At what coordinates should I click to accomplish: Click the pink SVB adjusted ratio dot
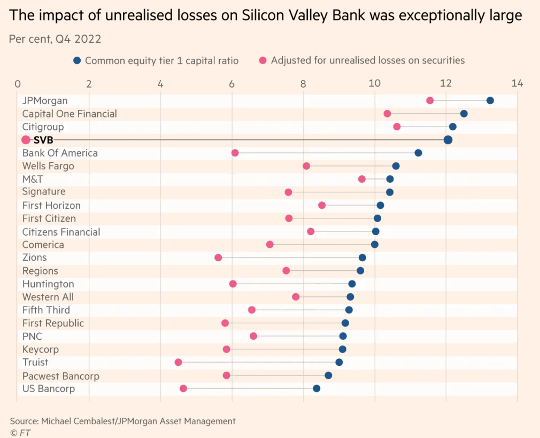(x=26, y=140)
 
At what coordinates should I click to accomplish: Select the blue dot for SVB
(x=448, y=140)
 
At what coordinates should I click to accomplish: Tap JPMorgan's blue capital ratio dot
(x=490, y=100)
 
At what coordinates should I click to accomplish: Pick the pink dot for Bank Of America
(x=235, y=153)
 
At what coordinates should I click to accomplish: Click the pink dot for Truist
(x=178, y=362)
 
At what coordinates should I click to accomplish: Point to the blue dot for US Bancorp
(x=317, y=388)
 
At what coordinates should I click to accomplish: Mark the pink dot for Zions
(x=218, y=257)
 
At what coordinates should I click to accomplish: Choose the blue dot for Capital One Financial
(x=464, y=114)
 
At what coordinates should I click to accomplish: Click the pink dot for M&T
(x=362, y=179)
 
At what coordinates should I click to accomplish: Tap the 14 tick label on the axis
(x=517, y=83)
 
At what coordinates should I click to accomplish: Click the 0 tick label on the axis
(x=18, y=83)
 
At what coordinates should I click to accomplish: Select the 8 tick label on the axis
(x=303, y=83)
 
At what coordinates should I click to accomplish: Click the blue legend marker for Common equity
(x=77, y=60)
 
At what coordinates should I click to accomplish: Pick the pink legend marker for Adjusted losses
(x=263, y=60)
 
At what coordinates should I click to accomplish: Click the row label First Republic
(x=53, y=323)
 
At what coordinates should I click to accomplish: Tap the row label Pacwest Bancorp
(x=60, y=376)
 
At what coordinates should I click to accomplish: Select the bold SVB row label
(x=43, y=140)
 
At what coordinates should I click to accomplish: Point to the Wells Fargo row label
(x=48, y=166)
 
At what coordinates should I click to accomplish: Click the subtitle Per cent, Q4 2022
(x=55, y=39)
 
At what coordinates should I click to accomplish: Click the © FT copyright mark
(x=20, y=433)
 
